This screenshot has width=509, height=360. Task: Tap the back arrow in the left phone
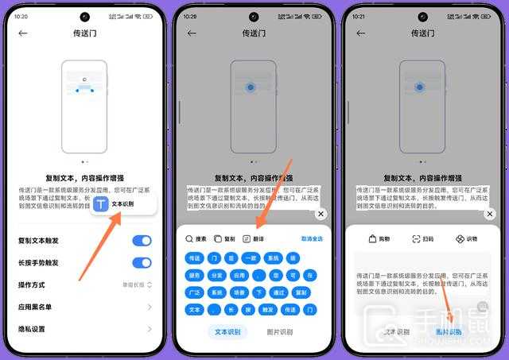[x=23, y=33]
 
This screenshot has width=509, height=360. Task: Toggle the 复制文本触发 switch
[x=142, y=241]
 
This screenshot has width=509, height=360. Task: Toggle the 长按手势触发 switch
[x=142, y=263]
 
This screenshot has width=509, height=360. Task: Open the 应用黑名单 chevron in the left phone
[x=149, y=307]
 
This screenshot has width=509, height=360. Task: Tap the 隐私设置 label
[x=32, y=329]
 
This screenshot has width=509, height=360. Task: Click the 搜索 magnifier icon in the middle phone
[x=190, y=238]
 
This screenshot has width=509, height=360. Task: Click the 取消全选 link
[x=312, y=238]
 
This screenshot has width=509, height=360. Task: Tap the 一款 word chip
[x=251, y=258]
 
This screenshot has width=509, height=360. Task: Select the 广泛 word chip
[x=194, y=292]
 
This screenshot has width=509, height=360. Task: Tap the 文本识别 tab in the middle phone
[x=227, y=332]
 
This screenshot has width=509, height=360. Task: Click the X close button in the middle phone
[x=321, y=215]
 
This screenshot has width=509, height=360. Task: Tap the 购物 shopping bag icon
[x=372, y=239]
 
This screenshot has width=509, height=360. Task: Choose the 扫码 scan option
[x=416, y=239]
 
